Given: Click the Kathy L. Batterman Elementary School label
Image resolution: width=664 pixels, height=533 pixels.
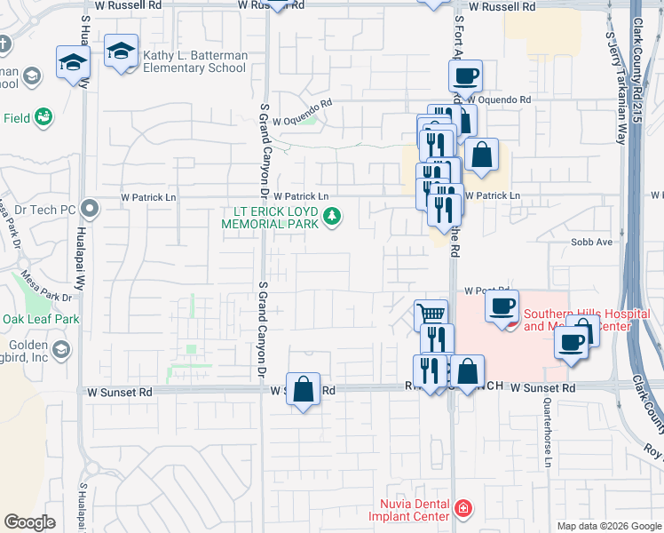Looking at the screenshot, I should (194, 61).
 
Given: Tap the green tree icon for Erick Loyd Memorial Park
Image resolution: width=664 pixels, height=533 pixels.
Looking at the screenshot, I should (332, 216).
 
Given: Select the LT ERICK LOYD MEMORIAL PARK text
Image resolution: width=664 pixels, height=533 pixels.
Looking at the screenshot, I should (275, 217).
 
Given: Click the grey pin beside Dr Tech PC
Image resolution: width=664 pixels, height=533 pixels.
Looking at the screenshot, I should (88, 209).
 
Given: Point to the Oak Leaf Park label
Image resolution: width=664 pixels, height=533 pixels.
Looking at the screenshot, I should (41, 318).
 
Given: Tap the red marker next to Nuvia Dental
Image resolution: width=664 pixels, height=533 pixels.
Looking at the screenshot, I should (462, 508).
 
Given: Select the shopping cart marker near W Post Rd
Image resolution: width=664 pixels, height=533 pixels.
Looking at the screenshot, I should (431, 314).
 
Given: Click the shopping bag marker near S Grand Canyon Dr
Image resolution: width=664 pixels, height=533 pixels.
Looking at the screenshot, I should (303, 388).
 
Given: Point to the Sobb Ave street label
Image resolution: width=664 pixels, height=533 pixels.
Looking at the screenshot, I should (592, 242).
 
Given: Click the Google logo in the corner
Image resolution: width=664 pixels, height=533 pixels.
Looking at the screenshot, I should (29, 522).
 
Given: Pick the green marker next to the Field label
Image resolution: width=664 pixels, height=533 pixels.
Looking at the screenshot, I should (42, 116).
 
